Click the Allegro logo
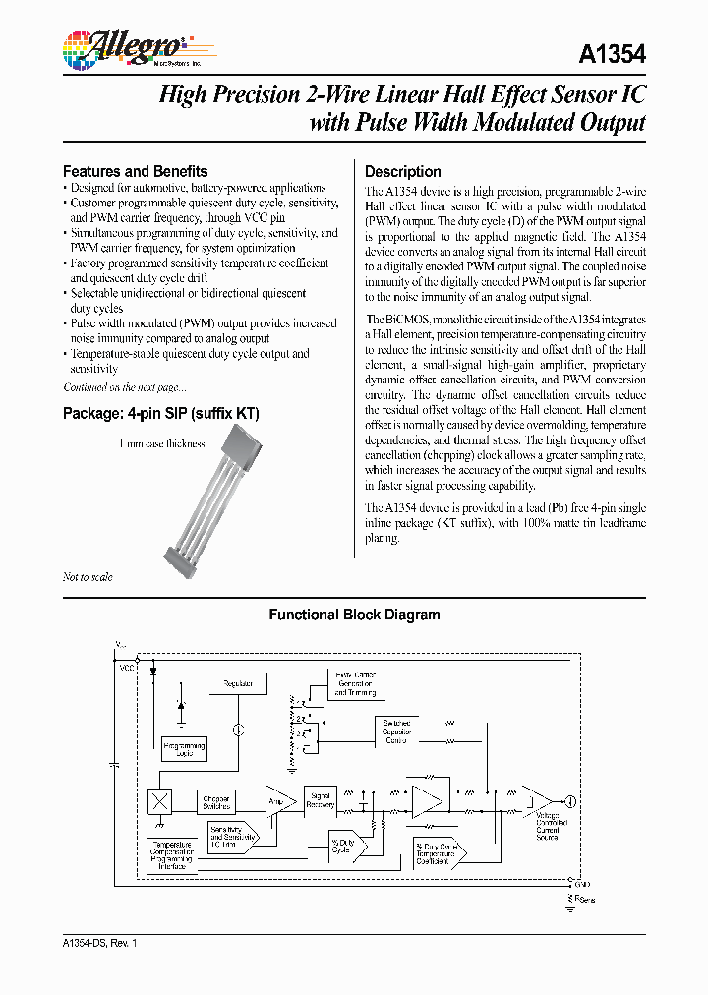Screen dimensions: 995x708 pos(123,46)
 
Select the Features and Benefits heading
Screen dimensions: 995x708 pos(135,171)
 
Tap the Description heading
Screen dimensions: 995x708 pos(402,171)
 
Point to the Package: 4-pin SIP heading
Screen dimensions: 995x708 pos(160,414)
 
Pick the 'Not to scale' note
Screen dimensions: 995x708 pos(88,577)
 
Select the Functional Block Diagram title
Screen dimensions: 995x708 pos(354,615)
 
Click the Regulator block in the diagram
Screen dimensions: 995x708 pos(238,683)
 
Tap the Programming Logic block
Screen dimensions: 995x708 pos(186,749)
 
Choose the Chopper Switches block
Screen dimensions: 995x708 pos(216,802)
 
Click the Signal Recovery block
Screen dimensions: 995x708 pos(320,800)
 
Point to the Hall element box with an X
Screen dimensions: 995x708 pos(159,801)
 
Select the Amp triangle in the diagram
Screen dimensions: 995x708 pos(278,801)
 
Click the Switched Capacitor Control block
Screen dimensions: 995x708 pos(396,731)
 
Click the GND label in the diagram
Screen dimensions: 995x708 pos(582,886)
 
